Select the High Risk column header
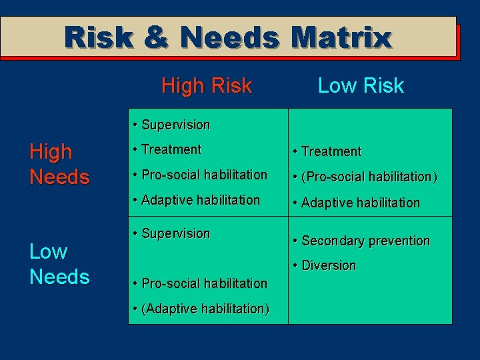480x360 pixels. coord(207,85)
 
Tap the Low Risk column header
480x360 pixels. coord(361,85)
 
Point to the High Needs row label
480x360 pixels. coord(59,164)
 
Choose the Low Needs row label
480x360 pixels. coord(59,264)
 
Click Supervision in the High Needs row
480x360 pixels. coord(175,125)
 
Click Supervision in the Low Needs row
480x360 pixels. coord(175,233)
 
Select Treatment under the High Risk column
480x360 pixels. coord(171,149)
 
